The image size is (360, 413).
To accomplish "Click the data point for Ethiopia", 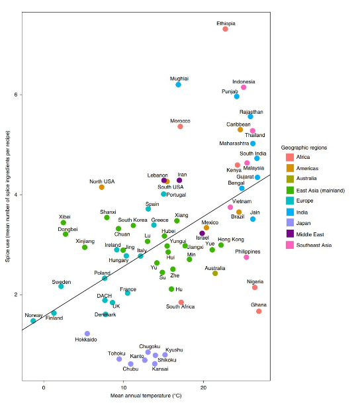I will [225, 29].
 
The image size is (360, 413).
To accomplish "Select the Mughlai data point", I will [178, 85].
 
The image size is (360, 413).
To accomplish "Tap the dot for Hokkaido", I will [87, 334].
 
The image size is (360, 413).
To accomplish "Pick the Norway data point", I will [33, 321].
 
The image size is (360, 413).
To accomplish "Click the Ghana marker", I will [259, 311].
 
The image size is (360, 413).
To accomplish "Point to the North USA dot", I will [101, 187].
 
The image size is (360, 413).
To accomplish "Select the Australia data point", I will [215, 273].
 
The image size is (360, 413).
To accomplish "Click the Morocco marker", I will [180, 126].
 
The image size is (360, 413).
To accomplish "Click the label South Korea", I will [132, 220].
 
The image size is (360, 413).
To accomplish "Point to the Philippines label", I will [247, 252].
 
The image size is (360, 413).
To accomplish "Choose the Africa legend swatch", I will [289, 158].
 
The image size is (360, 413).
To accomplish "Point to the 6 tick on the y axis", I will [16, 95].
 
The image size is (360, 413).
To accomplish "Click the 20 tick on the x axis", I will [203, 387].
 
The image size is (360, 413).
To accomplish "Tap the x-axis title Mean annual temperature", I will [146, 396].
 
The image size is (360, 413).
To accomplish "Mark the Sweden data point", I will [61, 286].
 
